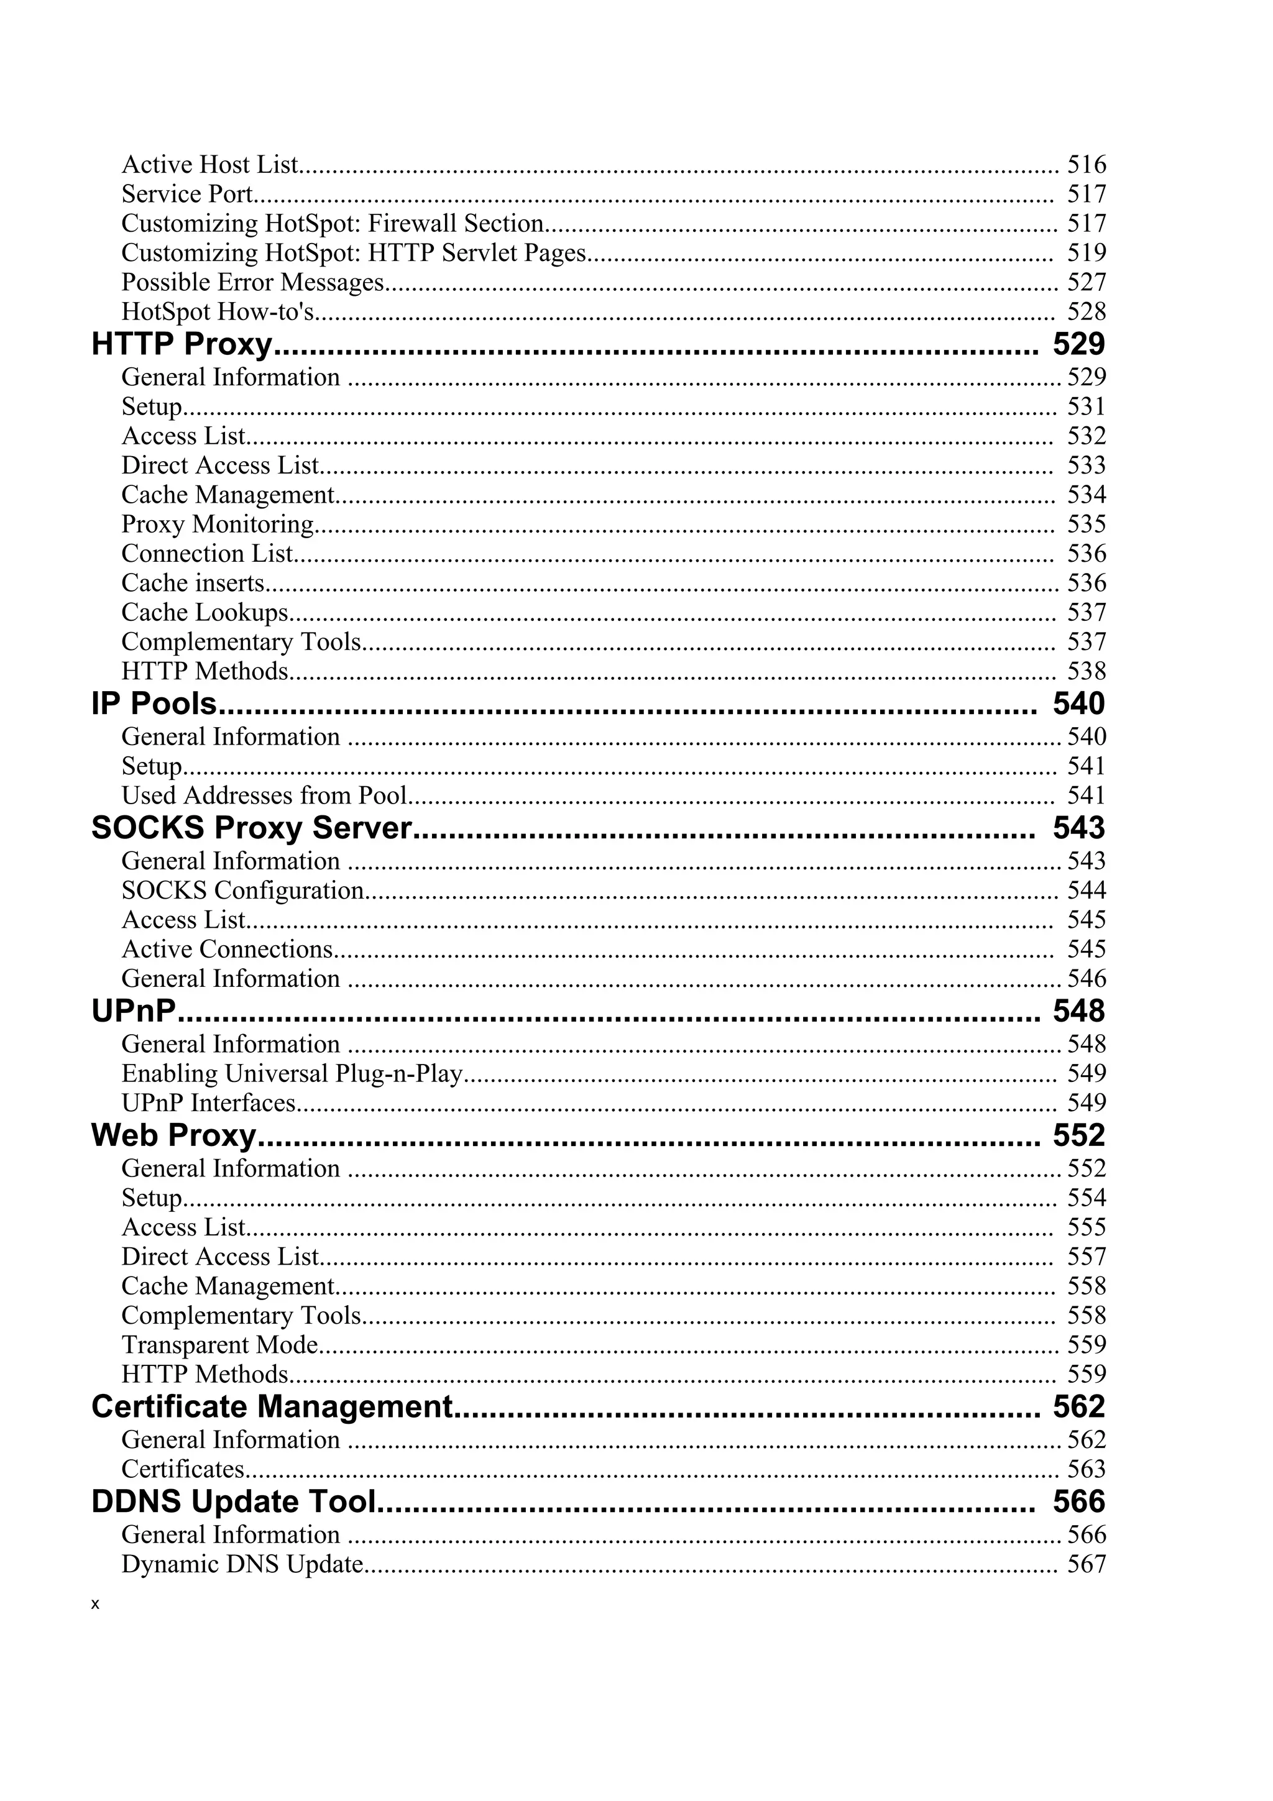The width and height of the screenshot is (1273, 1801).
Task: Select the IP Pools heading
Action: tap(154, 703)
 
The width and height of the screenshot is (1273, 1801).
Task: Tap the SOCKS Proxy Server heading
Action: tap(251, 828)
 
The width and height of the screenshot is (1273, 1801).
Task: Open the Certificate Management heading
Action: tap(272, 1406)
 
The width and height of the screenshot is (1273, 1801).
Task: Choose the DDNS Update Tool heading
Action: tap(234, 1501)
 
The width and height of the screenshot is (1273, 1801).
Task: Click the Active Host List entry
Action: tap(210, 165)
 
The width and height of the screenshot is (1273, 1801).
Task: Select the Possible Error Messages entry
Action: tap(252, 282)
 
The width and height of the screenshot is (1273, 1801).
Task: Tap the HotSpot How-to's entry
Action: tap(218, 312)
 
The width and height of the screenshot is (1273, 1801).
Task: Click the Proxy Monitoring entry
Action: tap(218, 524)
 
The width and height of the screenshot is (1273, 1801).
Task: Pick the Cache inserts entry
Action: tap(193, 583)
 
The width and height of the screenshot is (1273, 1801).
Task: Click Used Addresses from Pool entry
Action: tap(264, 795)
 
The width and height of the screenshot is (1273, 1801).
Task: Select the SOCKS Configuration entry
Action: tap(242, 891)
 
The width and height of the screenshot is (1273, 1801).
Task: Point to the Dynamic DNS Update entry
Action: tap(242, 1564)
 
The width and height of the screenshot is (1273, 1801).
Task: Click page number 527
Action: tap(1087, 282)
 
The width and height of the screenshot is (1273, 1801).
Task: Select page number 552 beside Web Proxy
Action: tap(1078, 1136)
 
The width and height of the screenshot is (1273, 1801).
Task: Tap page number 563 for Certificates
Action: tap(1087, 1469)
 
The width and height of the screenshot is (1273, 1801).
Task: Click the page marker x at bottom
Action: tap(96, 1604)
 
